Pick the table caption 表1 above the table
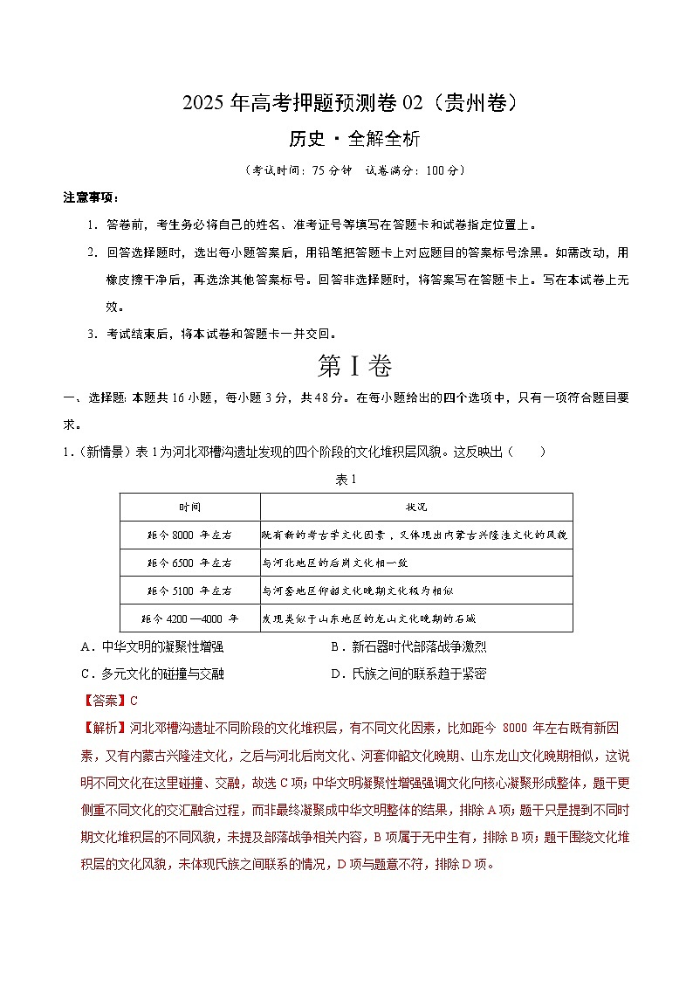click(346, 479)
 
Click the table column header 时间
click(189, 507)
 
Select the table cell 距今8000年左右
click(189, 535)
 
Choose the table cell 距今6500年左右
click(189, 563)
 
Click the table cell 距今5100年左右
click(189, 591)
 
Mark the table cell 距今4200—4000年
click(189, 618)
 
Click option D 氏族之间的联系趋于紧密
click(408, 674)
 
